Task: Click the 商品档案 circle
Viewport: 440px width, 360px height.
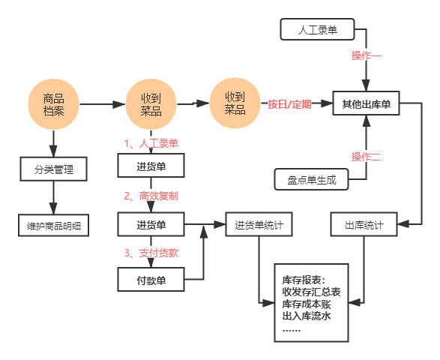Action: [x=53, y=104]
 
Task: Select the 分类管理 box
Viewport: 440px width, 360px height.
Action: [x=54, y=169]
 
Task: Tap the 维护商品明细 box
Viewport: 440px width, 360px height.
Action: [x=54, y=225]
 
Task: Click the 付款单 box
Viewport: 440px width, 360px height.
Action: [x=151, y=280]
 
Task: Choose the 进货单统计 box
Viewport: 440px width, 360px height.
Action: [x=259, y=224]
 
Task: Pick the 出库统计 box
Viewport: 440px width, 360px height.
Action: [x=364, y=224]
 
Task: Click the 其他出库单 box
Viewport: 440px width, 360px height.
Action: [x=366, y=103]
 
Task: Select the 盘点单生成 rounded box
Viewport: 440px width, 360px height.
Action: [x=312, y=179]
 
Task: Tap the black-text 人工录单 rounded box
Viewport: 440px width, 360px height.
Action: [x=317, y=29]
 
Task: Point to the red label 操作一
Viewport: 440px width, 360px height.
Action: [x=366, y=55]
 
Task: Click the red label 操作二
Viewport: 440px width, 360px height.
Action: [x=366, y=157]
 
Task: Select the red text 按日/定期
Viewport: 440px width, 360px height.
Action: [x=289, y=104]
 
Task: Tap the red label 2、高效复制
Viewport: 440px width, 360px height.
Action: [x=151, y=196]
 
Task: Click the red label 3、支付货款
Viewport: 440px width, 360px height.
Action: [x=151, y=253]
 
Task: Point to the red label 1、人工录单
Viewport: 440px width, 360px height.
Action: [x=151, y=143]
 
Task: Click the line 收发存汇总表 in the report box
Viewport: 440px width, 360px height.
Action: [x=311, y=292]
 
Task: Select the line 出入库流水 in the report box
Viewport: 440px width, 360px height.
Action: [x=307, y=316]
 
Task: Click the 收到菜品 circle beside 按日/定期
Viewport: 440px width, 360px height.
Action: [x=235, y=103]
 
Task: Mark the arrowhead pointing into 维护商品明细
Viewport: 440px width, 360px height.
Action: [x=53, y=208]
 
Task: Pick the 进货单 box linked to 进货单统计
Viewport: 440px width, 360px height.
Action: [x=151, y=224]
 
